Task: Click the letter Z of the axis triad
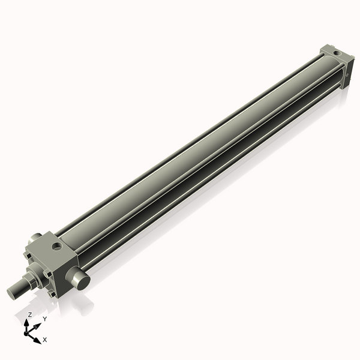(29, 314)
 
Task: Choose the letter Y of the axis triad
(44, 319)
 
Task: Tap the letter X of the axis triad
(45, 340)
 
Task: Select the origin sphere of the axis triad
(28, 331)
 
